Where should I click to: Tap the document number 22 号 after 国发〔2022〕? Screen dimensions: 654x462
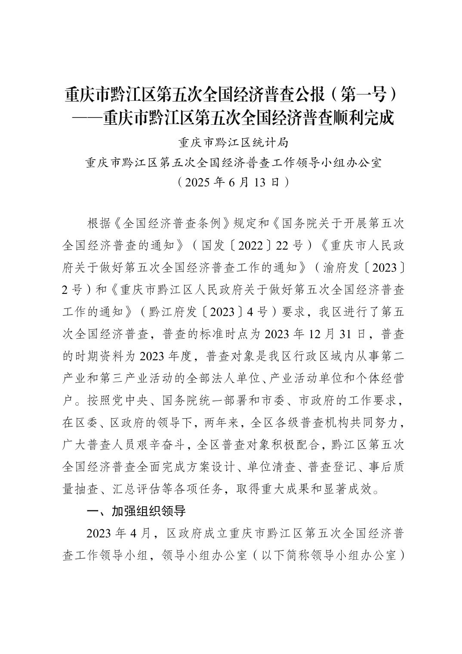coord(290,246)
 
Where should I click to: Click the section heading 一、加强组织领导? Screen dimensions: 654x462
coord(136,512)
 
